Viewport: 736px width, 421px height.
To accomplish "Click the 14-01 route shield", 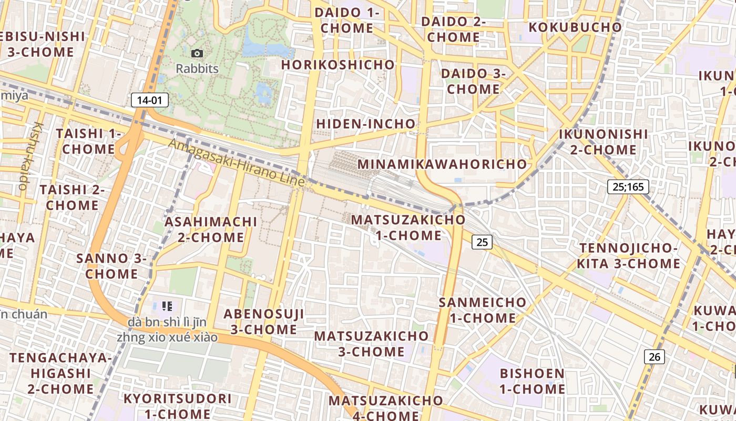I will click(x=149, y=100).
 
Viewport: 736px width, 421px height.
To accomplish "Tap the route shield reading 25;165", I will click(x=628, y=186).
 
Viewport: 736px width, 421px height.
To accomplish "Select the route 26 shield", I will click(x=655, y=357).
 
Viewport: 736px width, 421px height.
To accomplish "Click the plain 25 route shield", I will click(x=482, y=242).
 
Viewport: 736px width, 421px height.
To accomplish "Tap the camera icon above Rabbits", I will click(x=197, y=53).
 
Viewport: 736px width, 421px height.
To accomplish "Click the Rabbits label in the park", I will click(x=197, y=68).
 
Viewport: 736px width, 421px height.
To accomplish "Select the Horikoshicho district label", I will click(x=338, y=65).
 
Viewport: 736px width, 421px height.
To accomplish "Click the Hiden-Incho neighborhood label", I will click(x=366, y=124).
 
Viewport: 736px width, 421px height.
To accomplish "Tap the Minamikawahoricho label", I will click(x=442, y=164).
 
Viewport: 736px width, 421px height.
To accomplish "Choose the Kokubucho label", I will click(x=575, y=27).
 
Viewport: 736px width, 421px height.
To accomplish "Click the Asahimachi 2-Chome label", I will click(x=211, y=229).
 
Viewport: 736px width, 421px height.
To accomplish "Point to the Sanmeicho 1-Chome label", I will click(x=482, y=310).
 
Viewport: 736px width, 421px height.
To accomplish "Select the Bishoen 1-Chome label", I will click(x=532, y=382).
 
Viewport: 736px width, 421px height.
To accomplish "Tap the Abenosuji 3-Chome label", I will click(x=264, y=322).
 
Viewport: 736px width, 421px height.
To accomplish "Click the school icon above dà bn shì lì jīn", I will click(x=167, y=306).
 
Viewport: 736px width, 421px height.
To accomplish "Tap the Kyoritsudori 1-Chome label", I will click(x=177, y=406).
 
